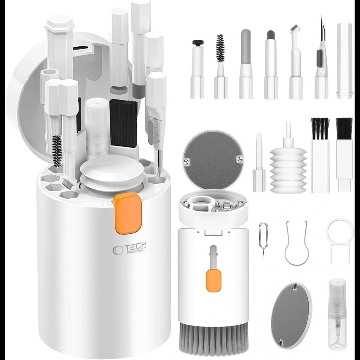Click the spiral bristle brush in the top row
[x=221, y=67]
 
